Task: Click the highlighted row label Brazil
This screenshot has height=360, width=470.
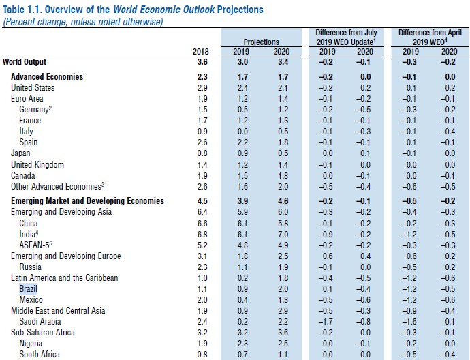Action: [28, 289]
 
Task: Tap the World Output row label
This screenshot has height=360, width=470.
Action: [25, 61]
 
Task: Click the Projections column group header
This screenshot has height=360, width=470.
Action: [262, 42]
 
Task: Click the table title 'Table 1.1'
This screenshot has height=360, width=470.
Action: [133, 10]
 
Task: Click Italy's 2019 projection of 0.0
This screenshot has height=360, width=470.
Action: [242, 132]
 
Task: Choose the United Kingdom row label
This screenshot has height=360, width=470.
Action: [37, 165]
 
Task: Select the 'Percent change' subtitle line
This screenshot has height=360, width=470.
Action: [83, 22]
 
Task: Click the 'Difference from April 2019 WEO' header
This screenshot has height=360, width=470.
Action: [430, 37]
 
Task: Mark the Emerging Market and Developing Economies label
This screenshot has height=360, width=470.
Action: [87, 201]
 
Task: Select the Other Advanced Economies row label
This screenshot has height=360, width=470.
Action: [57, 187]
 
